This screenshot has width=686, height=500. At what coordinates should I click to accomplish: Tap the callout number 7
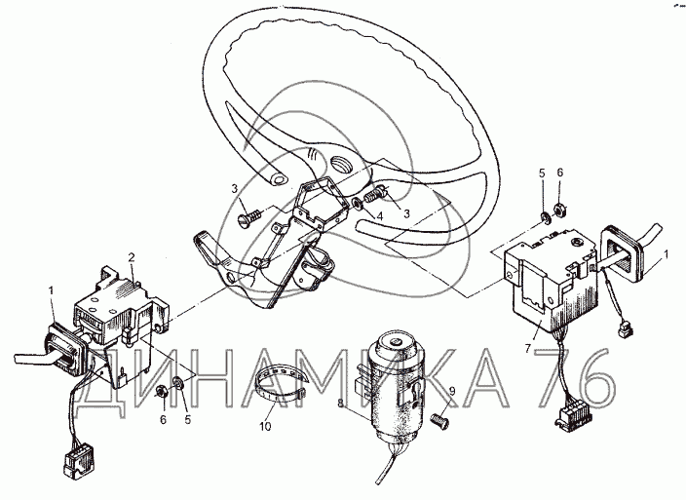528,349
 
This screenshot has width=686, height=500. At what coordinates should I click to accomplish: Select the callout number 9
452,391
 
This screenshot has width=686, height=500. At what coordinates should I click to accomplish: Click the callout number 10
266,426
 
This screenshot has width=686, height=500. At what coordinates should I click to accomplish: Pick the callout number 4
379,216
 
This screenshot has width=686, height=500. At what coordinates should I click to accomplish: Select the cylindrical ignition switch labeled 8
394,385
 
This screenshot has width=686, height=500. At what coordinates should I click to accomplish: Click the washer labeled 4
358,204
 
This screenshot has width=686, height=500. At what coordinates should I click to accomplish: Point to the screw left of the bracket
249,217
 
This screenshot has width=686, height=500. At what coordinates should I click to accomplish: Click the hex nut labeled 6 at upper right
559,210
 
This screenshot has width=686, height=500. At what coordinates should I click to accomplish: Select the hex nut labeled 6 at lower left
162,391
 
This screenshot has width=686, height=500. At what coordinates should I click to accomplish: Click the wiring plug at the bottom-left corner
79,462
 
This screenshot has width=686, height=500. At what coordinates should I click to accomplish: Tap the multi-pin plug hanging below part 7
572,414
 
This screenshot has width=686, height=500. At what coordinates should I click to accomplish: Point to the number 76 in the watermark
576,378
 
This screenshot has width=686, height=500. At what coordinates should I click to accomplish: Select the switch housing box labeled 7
552,280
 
